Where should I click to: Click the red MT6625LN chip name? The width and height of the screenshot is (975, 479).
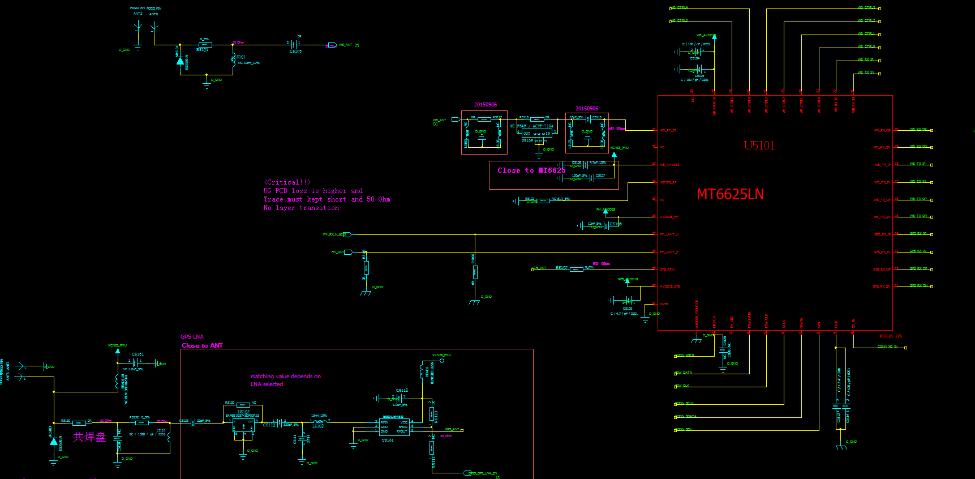pyautogui.click(x=730, y=195)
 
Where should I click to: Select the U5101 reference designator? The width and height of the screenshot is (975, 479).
pyautogui.click(x=759, y=146)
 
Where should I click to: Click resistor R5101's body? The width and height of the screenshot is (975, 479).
pyautogui.click(x=204, y=44)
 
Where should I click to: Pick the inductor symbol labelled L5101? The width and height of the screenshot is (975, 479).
pyautogui.click(x=233, y=63)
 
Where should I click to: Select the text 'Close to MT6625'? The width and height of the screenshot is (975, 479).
pyautogui.click(x=531, y=170)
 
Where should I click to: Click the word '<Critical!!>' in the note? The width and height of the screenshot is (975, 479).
pyautogui.click(x=287, y=182)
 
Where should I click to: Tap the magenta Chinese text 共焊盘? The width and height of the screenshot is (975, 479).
pyautogui.click(x=89, y=437)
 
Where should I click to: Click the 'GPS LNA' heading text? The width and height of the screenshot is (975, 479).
pyautogui.click(x=192, y=337)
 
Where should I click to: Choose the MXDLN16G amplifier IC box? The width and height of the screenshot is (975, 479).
pyautogui.click(x=394, y=427)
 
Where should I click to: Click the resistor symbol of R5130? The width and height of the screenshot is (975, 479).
pyautogui.click(x=79, y=423)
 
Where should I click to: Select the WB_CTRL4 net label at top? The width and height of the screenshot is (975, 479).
pyautogui.click(x=679, y=8)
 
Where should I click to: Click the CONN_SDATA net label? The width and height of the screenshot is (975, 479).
pyautogui.click(x=686, y=416)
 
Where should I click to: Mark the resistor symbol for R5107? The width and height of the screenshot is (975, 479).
pyautogui.click(x=576, y=270)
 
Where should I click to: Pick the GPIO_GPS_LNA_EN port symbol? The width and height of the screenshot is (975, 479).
pyautogui.click(x=467, y=473)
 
